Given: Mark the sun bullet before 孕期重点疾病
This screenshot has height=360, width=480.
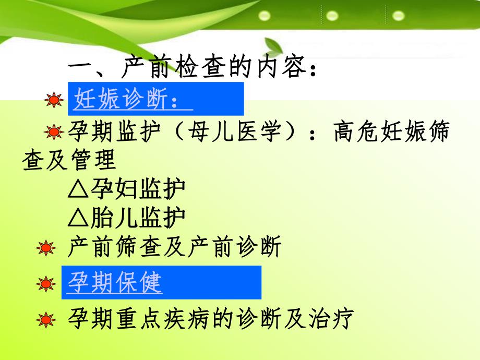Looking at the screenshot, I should tap(47, 319).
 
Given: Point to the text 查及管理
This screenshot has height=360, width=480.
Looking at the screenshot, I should tap(69, 161).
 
